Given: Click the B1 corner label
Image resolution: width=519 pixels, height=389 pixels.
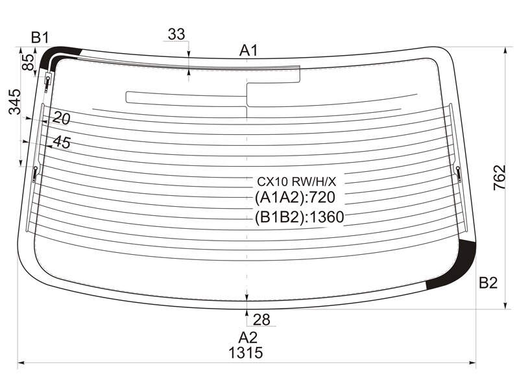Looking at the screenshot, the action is point(40,38).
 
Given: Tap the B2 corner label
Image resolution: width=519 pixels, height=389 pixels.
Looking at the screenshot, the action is point(489,283).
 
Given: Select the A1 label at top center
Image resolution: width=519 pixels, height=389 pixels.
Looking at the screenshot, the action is point(248,51).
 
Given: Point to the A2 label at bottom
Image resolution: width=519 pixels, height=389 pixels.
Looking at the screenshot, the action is point(248,337).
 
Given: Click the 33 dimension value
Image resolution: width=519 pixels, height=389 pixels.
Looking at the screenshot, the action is point(176,34).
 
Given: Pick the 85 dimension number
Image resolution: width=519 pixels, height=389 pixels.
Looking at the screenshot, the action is point(28,62).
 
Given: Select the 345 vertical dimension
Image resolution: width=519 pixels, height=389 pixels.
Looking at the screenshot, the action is point(14,102).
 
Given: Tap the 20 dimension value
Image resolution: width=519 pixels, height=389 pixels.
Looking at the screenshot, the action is point(61,118).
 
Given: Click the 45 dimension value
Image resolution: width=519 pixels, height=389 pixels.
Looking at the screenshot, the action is point(62,142).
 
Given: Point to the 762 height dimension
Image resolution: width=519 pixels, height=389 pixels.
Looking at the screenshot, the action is point(500,177).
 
